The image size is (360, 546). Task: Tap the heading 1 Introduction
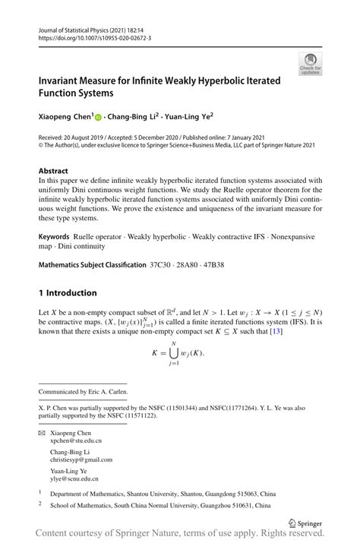(x=68, y=292)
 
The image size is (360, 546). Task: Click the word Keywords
(x=58, y=236)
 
